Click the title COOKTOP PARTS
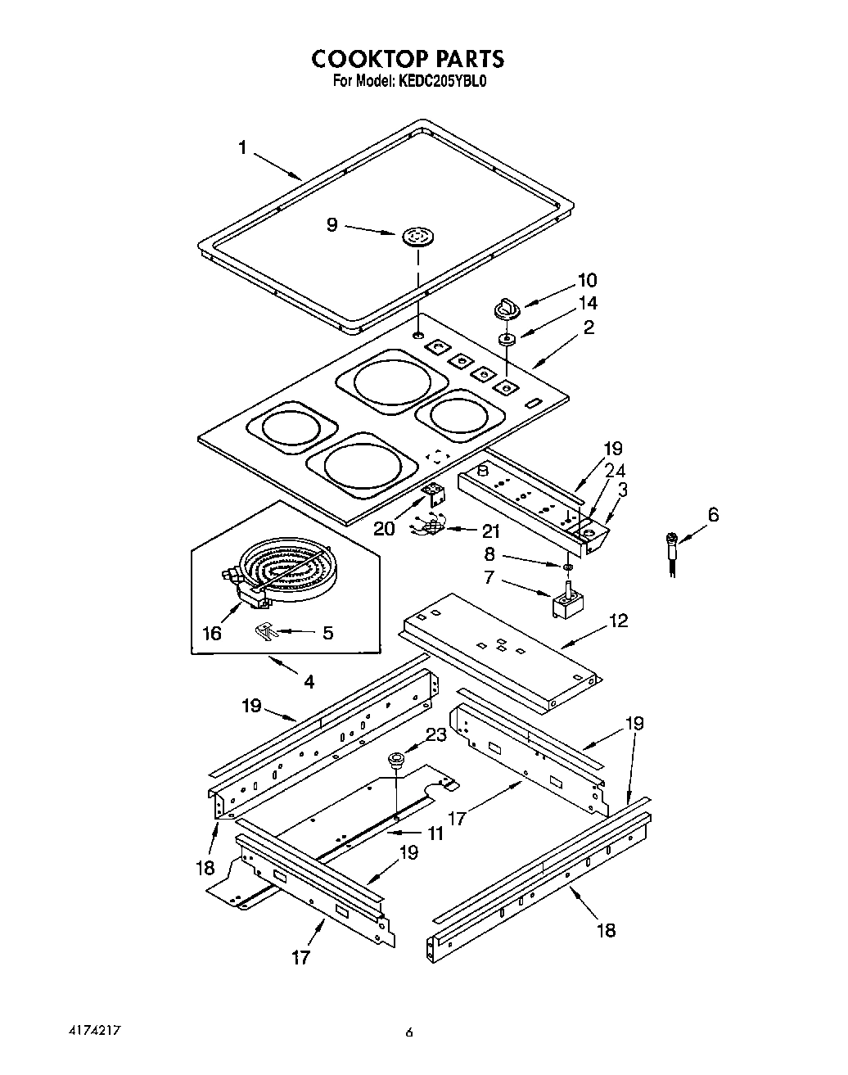point(407,59)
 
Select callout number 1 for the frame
point(242,148)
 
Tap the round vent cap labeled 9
point(417,237)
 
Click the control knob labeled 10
point(505,309)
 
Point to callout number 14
point(588,303)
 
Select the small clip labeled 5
point(266,630)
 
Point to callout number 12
point(618,621)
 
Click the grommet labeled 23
point(397,761)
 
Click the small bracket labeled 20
point(434,494)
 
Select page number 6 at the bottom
point(409,1033)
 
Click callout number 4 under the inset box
point(309,681)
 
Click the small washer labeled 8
point(566,566)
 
